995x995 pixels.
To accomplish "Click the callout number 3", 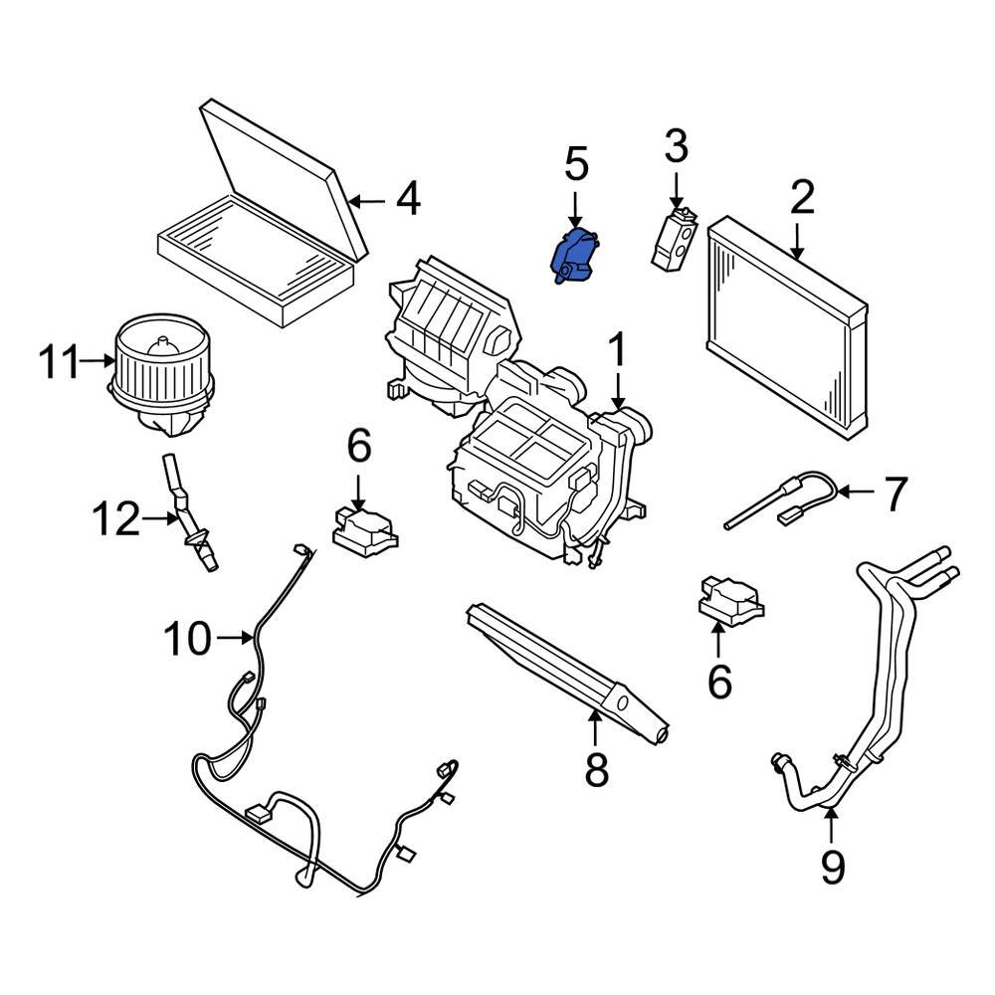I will pos(676,147).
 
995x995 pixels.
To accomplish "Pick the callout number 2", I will pos(802,198).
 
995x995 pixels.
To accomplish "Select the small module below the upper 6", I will pos(365,526).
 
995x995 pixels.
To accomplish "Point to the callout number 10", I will pos(188,638).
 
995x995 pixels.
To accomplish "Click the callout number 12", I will pos(116,518).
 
